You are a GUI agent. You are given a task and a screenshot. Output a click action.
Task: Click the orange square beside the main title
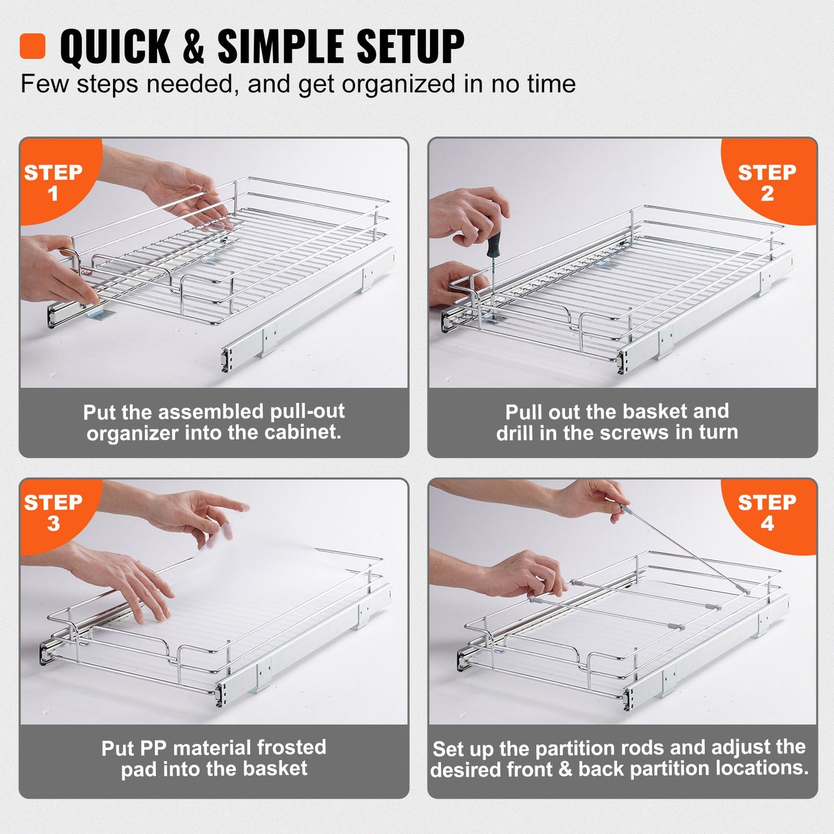32,46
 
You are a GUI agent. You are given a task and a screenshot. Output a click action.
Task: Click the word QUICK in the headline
115,47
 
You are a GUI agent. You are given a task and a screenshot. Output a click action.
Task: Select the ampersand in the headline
193,47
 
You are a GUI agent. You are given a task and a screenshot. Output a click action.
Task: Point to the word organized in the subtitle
399,85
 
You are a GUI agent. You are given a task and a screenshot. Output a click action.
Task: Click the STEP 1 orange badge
53,182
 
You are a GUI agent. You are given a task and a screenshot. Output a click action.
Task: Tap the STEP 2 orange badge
766,182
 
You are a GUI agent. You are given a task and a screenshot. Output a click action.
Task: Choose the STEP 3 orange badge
53,513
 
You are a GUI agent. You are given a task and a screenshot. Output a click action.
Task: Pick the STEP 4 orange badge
766,513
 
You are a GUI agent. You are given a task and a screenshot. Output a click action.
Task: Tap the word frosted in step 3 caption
291,747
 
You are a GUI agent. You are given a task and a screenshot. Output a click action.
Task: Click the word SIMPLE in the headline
283,47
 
